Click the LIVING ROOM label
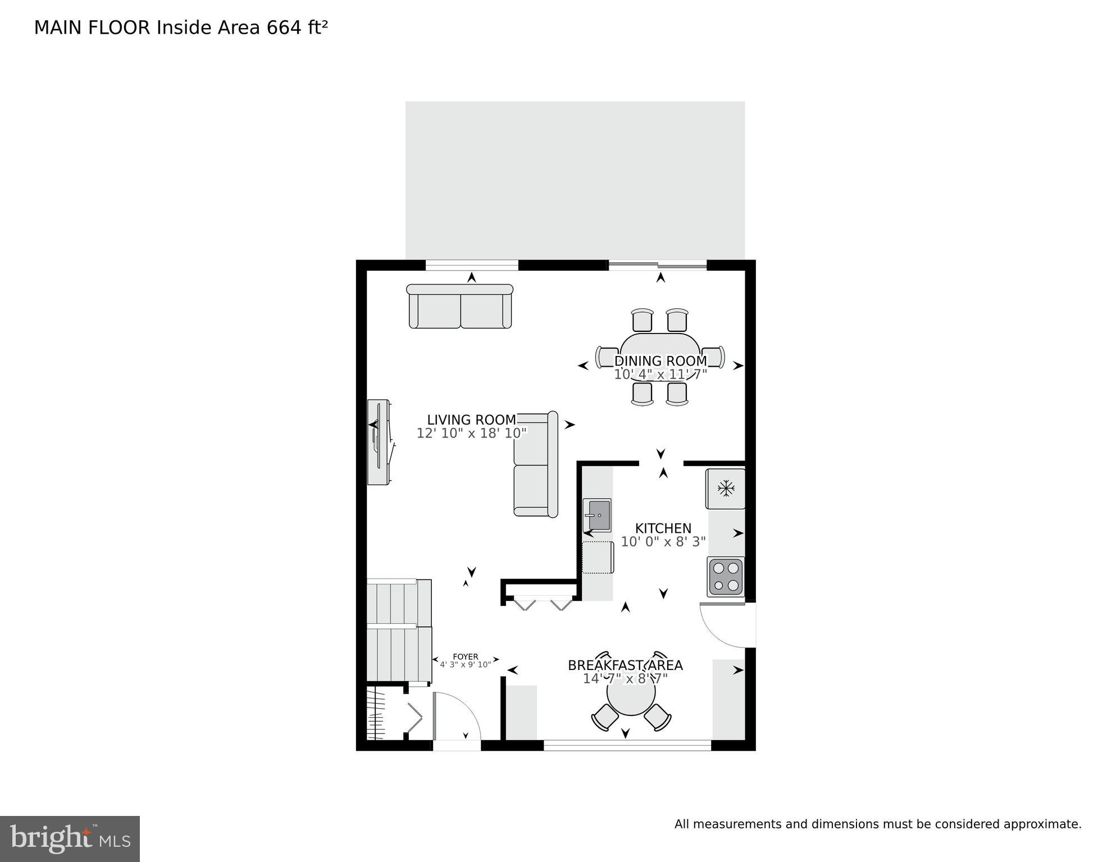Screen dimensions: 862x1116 (471, 419)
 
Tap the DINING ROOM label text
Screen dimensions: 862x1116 (661, 361)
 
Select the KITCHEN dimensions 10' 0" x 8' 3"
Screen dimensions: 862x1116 (663, 542)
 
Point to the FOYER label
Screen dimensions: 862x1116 (465, 656)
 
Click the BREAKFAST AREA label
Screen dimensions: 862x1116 (625, 665)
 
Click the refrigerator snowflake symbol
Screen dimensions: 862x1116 (726, 488)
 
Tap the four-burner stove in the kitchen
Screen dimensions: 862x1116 (726, 576)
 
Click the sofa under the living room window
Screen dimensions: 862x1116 (460, 307)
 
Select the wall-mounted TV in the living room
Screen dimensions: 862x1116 (379, 442)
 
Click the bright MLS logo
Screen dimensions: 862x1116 (70, 838)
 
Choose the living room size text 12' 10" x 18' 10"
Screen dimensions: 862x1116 (471, 433)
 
